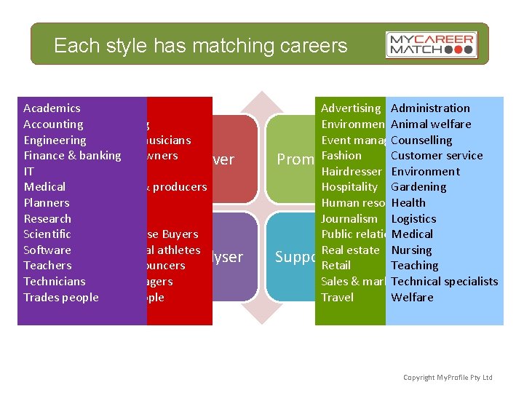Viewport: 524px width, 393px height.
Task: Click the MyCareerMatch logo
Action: pos(431,45)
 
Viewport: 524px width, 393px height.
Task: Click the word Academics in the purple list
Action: pos(52,108)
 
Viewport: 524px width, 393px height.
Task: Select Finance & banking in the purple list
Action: pos(72,156)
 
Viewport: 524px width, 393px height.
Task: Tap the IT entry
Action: pos(29,172)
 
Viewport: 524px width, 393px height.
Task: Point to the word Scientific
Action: pos(47,234)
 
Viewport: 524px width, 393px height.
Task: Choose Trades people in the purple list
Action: pos(61,298)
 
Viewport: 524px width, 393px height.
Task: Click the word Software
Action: pos(47,250)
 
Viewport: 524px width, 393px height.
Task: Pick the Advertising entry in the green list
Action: pos(351,108)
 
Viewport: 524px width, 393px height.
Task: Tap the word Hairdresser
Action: pos(352,172)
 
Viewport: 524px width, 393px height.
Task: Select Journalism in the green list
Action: pos(349,219)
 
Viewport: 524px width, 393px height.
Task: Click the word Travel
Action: pos(337,298)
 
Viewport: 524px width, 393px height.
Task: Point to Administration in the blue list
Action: pos(430,108)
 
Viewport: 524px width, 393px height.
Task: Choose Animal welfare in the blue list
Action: pos(431,124)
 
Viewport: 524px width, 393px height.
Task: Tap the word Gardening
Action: pos(418,187)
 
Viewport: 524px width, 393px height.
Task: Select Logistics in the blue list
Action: pos(413,219)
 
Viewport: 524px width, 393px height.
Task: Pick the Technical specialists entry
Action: pos(444,282)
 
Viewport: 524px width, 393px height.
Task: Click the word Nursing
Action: pos(411,250)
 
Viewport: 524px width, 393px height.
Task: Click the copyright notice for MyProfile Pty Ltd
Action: pos(448,377)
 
